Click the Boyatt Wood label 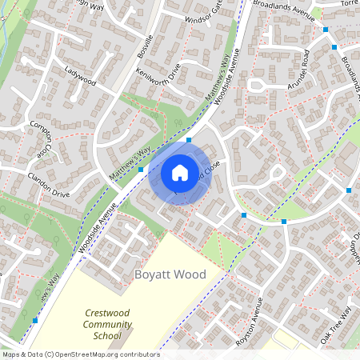point(170,274)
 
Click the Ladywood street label point(81,77)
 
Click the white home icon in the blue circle point(180,172)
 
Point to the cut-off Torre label point(350,3)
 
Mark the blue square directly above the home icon point(189,140)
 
